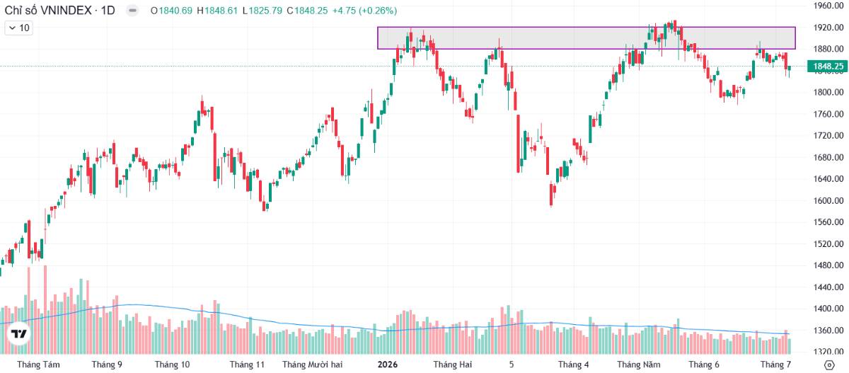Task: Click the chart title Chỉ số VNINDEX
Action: coord(48,10)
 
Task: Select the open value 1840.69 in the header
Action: coord(175,11)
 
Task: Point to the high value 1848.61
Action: coord(221,11)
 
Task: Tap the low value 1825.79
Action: coord(265,11)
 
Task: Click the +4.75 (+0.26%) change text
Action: coord(364,11)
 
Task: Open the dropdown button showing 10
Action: coord(19,28)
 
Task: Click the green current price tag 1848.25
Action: coord(828,67)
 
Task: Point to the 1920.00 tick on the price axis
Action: coord(828,28)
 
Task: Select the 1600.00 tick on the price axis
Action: coord(828,200)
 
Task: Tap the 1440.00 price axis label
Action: coord(828,287)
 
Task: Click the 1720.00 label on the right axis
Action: coord(828,135)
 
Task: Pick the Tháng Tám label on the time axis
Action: coord(38,365)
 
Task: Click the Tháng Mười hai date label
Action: coord(312,365)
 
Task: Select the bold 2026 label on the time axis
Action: coord(388,365)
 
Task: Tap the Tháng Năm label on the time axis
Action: coord(639,365)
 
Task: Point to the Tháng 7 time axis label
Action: coord(776,365)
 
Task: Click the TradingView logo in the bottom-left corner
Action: coord(19,334)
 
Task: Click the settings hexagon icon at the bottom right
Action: coord(829,365)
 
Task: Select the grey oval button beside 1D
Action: coord(132,10)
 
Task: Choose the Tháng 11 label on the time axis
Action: coord(247,365)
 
